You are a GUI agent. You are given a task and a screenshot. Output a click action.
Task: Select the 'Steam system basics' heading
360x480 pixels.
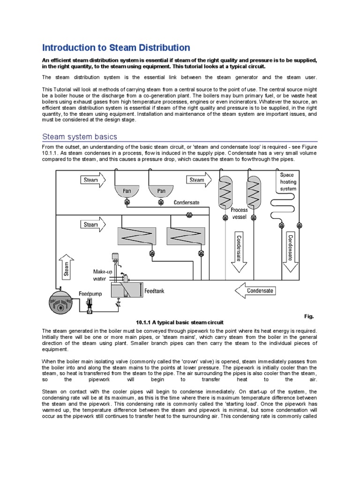tap(79, 137)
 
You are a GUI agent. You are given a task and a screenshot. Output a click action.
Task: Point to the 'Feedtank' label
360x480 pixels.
tap(154, 291)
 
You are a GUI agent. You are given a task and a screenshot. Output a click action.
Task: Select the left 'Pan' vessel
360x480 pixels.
tap(127, 190)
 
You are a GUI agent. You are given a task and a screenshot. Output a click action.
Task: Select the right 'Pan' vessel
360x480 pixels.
tap(161, 190)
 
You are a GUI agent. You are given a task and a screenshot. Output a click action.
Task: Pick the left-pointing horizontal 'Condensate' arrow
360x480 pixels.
tap(259, 291)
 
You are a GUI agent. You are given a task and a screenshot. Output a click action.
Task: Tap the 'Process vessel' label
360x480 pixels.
tap(240, 213)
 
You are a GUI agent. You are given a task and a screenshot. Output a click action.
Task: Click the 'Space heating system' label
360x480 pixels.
tap(288, 182)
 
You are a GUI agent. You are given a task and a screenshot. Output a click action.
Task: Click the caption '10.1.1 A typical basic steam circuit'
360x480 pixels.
tap(180, 322)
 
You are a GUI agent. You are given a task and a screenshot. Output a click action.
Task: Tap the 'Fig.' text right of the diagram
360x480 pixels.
tap(309, 316)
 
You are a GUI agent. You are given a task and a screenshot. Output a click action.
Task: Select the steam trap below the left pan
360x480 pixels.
tap(127, 202)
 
